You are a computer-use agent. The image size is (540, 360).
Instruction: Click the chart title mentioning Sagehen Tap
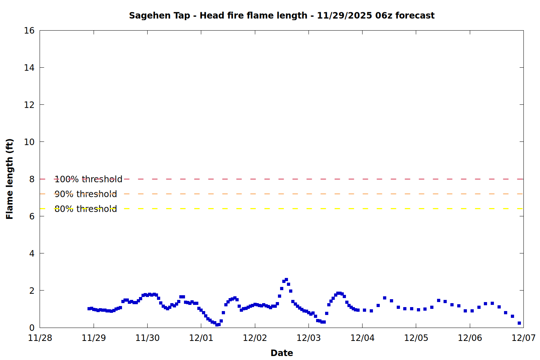[282, 15]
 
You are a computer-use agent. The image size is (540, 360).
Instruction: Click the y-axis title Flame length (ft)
[9, 179]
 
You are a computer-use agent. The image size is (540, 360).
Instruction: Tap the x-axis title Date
[282, 353]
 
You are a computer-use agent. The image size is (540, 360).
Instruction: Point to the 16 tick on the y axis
[29, 31]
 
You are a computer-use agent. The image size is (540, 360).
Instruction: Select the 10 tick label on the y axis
[29, 142]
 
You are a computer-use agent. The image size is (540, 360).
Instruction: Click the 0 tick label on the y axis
[32, 328]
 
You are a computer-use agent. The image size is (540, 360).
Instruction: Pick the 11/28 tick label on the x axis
[40, 338]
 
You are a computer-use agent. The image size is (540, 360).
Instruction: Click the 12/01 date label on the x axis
[201, 338]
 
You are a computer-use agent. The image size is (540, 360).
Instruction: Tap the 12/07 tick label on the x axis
[523, 338]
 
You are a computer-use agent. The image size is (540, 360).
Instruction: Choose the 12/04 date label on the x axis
[362, 338]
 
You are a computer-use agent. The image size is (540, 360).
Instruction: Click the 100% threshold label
[88, 179]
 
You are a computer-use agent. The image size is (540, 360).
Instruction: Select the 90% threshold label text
[86, 194]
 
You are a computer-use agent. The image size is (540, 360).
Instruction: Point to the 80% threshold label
[86, 209]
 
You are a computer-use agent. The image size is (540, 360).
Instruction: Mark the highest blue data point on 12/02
[286, 280]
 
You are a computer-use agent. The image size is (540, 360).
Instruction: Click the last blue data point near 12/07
[519, 323]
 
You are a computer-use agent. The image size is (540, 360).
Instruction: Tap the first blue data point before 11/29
[89, 309]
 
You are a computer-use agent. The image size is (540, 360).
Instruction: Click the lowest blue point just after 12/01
[217, 325]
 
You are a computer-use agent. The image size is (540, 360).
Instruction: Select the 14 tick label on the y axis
[29, 68]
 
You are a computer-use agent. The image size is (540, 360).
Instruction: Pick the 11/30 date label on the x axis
[147, 338]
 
